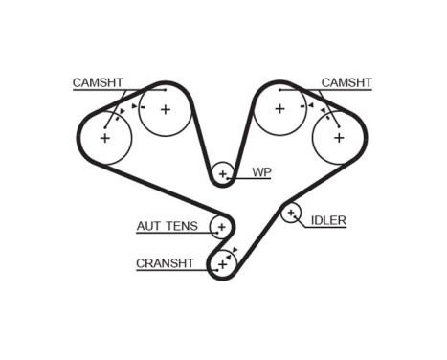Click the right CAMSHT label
click(x=346, y=83)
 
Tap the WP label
click(x=261, y=173)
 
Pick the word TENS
click(x=182, y=226)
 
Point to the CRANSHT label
click(x=166, y=262)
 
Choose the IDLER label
click(x=327, y=221)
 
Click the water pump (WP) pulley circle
click(x=223, y=173)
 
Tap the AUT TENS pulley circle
click(x=221, y=227)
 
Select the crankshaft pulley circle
click(x=222, y=261)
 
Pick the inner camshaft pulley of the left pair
click(x=164, y=109)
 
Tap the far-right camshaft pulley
click(x=338, y=137)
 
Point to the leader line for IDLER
click(x=305, y=221)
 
